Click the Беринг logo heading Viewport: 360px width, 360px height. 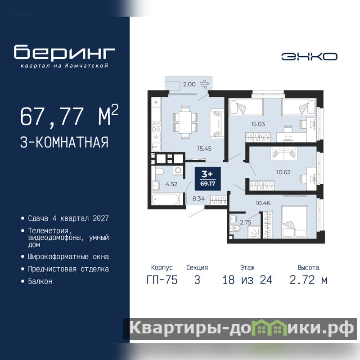point(64,52)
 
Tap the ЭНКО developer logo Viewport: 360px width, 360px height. point(309,57)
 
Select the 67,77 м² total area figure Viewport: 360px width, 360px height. point(69,116)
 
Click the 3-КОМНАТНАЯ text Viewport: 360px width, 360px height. point(64,142)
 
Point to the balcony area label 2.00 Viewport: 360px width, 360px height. point(189,84)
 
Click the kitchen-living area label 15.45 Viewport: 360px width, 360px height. point(204,148)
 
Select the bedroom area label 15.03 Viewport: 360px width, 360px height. point(258,124)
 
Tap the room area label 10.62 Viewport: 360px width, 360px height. point(283,172)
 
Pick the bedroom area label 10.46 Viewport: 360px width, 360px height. point(263,203)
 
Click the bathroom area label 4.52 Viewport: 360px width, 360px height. point(171,184)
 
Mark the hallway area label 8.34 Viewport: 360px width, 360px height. point(198,198)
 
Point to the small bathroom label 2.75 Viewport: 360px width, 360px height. point(245,222)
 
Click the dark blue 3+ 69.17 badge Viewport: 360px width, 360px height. point(208,179)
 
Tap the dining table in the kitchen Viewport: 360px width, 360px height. point(185,122)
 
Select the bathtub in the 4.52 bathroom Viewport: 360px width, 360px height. point(165,199)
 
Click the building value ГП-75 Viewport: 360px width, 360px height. point(162,280)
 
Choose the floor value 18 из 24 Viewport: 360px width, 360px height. point(247,280)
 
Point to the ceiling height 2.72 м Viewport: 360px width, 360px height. point(308,280)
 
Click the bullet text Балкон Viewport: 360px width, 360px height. point(40,281)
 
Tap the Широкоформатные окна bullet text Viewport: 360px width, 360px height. point(68,256)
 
